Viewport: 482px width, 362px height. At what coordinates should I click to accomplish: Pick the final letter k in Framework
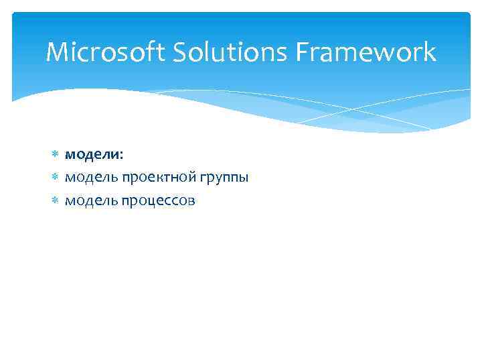[x=429, y=52]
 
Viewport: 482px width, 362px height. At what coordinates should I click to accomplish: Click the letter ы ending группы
[x=243, y=179]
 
